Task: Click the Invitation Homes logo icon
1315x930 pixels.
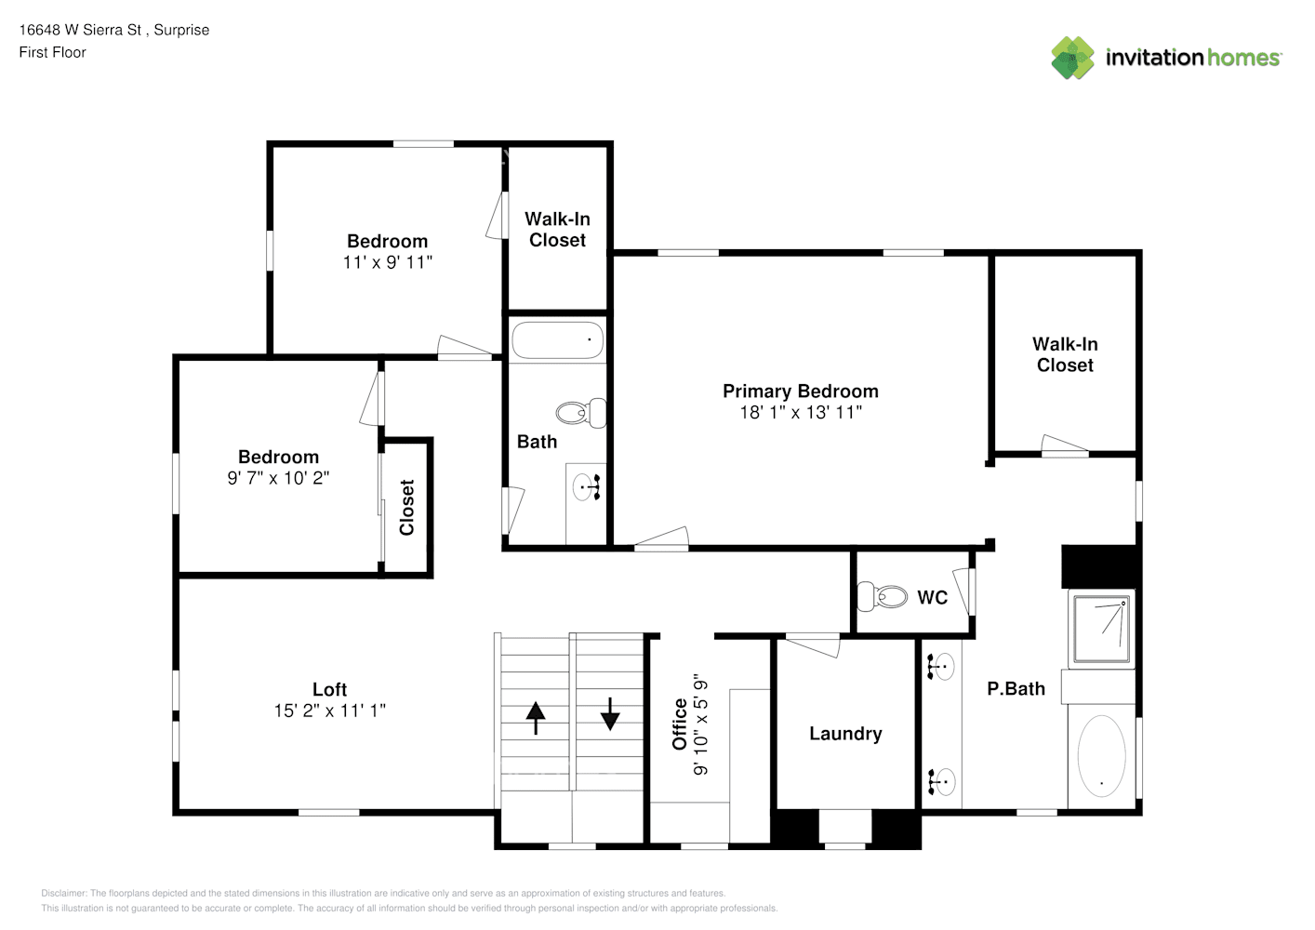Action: (1072, 58)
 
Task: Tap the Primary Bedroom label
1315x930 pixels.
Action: (800, 391)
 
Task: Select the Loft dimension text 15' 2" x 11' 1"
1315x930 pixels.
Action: (329, 711)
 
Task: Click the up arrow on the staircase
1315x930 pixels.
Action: (536, 717)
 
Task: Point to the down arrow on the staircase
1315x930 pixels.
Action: (610, 714)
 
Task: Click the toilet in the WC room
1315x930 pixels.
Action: (883, 596)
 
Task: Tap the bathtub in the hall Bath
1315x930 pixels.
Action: (557, 340)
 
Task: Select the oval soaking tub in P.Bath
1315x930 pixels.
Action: (1101, 755)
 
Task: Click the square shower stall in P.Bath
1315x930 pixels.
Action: (1101, 629)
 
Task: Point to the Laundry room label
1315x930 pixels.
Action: (845, 734)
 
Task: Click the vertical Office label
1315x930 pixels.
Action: (680, 724)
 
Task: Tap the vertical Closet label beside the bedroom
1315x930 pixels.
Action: (406, 507)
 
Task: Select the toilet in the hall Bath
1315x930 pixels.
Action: (581, 413)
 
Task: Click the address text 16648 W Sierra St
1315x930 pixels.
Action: (80, 30)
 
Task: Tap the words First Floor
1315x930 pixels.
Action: (52, 52)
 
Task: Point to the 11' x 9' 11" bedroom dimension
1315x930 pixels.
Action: (388, 262)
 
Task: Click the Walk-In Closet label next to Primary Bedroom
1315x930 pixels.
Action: (1065, 354)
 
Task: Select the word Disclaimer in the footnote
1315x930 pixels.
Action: (63, 893)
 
